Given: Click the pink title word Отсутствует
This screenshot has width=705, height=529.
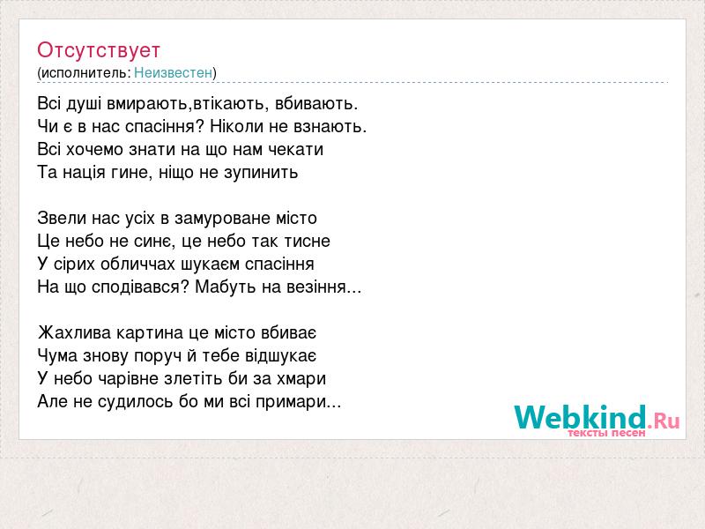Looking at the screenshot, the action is click(x=99, y=50).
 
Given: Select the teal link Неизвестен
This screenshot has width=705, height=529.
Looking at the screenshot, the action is click(x=173, y=72).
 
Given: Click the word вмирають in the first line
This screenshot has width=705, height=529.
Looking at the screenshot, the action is click(x=146, y=104).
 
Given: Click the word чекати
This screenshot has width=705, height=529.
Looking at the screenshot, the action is click(x=296, y=149).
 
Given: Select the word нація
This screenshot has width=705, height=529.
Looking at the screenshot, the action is click(x=84, y=172).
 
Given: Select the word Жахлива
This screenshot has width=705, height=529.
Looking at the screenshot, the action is click(x=74, y=333).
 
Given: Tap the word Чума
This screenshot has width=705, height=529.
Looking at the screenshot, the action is click(x=57, y=355).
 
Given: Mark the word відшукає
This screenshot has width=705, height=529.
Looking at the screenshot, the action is click(x=280, y=356).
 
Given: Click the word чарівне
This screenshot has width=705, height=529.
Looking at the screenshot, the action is click(x=128, y=378).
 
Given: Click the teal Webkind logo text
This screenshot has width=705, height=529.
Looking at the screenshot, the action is click(x=581, y=417).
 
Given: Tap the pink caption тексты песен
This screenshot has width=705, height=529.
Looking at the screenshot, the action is click(x=606, y=433).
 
